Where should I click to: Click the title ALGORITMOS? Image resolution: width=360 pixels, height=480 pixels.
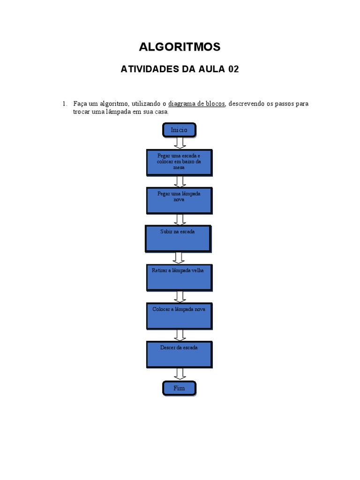[180, 47]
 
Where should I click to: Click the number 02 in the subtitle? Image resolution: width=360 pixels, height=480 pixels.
[233, 69]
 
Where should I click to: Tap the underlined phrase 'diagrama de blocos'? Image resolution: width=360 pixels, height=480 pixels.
[197, 104]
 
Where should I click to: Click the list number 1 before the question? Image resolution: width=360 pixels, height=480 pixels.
[65, 104]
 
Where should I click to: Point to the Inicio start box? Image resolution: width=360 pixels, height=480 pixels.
[179, 130]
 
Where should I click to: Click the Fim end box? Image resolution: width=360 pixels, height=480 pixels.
[179, 388]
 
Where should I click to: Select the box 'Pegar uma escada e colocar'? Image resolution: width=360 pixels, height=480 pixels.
[179, 162]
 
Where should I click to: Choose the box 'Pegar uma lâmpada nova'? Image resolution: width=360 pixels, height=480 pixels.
[179, 200]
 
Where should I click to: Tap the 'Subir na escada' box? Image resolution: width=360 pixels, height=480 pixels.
[178, 238]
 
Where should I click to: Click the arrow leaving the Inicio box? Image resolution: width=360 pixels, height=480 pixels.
[180, 143]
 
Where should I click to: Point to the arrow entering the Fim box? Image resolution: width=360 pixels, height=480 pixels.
[179, 374]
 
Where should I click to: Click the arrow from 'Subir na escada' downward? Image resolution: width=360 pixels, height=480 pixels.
[178, 258]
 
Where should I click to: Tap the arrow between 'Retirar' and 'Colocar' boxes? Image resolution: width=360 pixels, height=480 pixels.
[179, 296]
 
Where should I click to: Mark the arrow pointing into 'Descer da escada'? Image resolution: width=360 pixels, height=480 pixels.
[179, 335]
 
